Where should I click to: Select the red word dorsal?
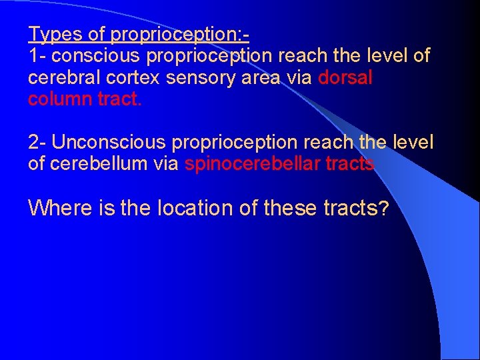click(345, 78)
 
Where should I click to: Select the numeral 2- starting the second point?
click(37, 143)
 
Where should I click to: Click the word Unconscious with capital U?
click(109, 143)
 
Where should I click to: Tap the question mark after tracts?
click(383, 208)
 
